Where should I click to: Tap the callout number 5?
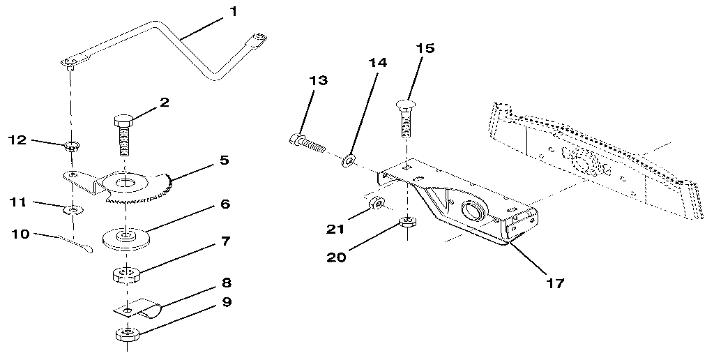224,160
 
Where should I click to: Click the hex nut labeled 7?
127,272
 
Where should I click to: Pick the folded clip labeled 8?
137,306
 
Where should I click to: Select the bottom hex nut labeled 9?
127,334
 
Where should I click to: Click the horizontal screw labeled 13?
307,144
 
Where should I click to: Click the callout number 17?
555,283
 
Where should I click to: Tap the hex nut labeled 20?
407,223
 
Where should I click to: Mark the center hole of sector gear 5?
125,183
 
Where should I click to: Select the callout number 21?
335,228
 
